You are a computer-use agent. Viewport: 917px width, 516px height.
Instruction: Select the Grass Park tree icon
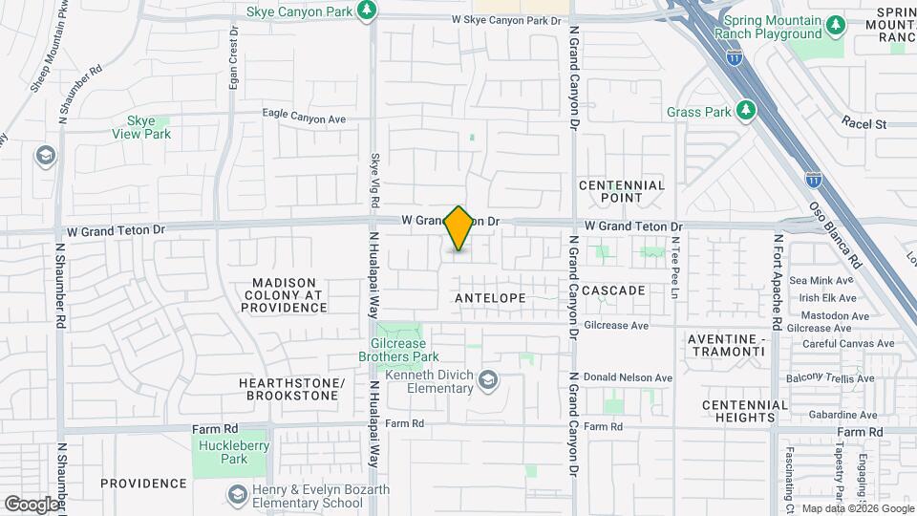(x=747, y=111)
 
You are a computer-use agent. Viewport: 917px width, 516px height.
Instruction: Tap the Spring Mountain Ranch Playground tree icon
(x=836, y=23)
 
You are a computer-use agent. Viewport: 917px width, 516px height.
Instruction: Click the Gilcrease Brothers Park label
(x=405, y=350)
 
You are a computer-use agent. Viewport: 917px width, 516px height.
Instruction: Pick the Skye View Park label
(x=148, y=128)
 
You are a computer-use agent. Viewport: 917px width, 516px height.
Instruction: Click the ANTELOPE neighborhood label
(x=490, y=298)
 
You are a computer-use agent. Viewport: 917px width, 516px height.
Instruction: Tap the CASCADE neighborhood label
(x=613, y=290)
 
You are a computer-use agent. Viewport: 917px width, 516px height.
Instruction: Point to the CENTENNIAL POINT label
(x=622, y=191)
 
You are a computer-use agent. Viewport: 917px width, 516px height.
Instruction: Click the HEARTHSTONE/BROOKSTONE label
(x=290, y=388)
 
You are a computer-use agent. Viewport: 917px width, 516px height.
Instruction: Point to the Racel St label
(x=864, y=124)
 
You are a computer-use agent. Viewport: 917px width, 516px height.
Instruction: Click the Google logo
(x=31, y=504)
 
